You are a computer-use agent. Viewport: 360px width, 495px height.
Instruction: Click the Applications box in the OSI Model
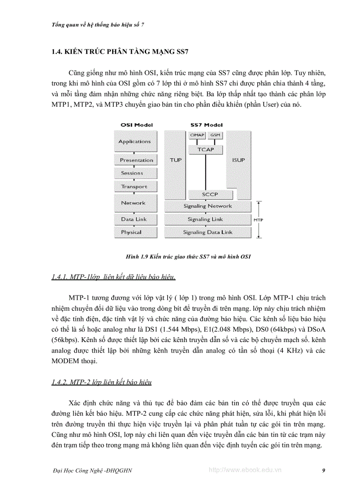(x=135, y=141)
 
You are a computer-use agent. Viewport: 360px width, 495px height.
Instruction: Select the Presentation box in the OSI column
(x=136, y=160)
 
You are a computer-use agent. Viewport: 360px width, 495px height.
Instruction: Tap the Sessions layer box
(x=132, y=173)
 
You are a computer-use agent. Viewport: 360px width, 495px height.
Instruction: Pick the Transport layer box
(x=134, y=186)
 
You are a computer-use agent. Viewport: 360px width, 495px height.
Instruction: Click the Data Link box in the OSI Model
(x=134, y=219)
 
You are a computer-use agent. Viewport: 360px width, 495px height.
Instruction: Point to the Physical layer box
(x=131, y=232)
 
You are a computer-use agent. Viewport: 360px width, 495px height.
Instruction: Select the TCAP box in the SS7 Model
(x=205, y=149)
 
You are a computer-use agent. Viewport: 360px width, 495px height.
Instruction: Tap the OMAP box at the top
(x=197, y=134)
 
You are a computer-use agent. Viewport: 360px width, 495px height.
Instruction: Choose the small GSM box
(x=215, y=134)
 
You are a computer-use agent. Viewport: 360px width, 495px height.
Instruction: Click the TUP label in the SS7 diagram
(x=176, y=160)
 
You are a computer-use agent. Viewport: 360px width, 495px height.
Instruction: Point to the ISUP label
(x=238, y=160)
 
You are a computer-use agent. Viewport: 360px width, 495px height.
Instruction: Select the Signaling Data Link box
(x=207, y=232)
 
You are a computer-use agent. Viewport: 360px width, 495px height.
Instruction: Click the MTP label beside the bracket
(x=259, y=219)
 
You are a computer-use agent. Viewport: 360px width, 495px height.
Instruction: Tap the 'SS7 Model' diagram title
(x=206, y=125)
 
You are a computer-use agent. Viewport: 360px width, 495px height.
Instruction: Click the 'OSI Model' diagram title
(x=137, y=125)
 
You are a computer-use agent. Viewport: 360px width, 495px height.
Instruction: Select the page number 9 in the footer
(x=324, y=470)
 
